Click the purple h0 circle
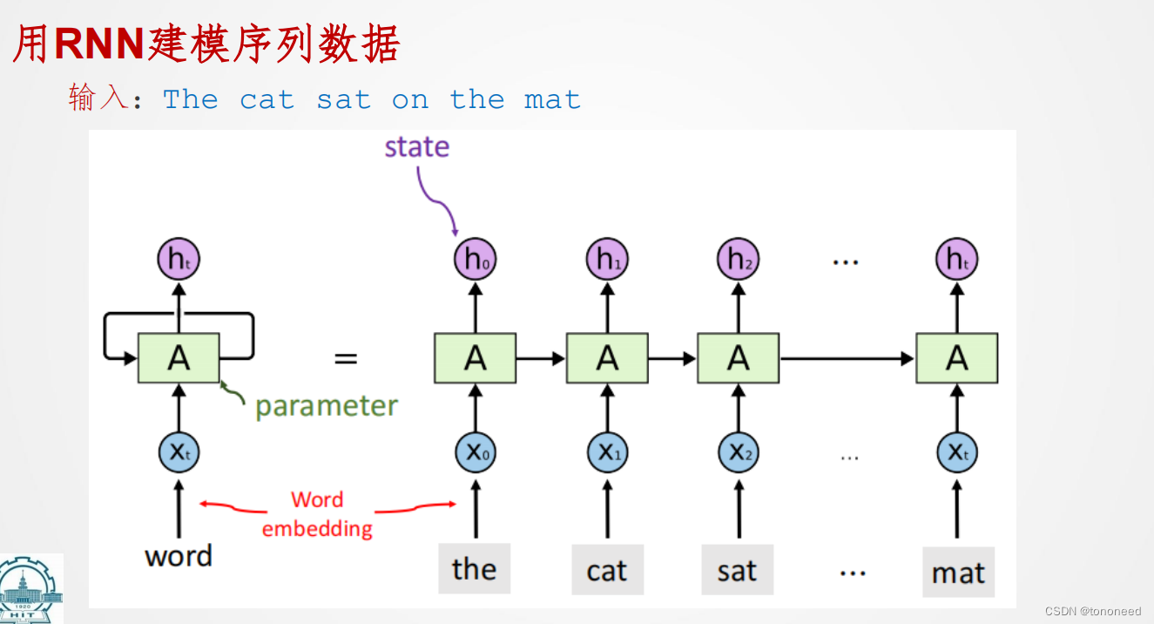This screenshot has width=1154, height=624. point(475,259)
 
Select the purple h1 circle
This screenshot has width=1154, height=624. point(607,259)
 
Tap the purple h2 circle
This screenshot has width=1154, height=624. point(739,259)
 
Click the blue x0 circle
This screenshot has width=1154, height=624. point(475,452)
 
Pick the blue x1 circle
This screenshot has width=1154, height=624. point(607,452)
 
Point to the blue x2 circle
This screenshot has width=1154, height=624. point(739,452)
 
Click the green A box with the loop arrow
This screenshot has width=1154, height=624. point(179,358)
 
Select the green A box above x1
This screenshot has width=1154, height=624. point(607,358)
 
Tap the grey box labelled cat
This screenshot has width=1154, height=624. point(607,570)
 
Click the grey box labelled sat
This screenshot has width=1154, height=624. point(737,570)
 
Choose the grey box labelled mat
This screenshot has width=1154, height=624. point(958,572)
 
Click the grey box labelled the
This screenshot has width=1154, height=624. point(474,568)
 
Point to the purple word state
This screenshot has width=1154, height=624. point(417,146)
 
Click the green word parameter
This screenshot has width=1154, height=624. point(327,406)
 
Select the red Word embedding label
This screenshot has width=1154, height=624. point(317,514)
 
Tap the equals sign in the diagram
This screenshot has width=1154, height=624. point(346,358)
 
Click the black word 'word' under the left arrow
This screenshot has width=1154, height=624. point(179,556)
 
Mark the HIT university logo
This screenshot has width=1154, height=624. point(31,589)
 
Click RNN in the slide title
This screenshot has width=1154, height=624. point(99,44)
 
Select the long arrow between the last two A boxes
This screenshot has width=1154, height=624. point(847,358)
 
